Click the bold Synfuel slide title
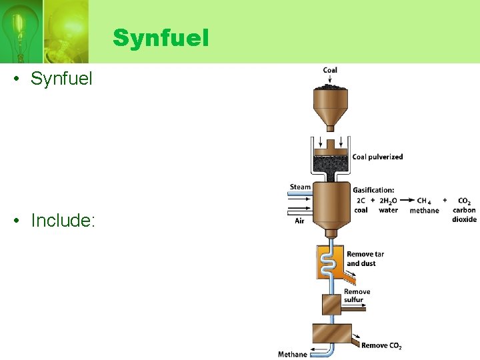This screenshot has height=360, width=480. point(161,38)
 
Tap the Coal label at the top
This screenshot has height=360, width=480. point(330,70)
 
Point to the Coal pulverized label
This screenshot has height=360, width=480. point(377,157)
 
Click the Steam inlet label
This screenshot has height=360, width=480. point(300,187)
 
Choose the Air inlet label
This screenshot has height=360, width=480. point(300,221)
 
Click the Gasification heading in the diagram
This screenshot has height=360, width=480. point(373,190)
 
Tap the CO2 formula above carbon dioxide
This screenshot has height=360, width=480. point(464,200)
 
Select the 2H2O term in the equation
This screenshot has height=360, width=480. point(389,200)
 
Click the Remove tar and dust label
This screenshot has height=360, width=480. point(365,259)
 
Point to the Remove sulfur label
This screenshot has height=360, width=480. point(357,296)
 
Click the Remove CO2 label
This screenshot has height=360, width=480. point(381,345)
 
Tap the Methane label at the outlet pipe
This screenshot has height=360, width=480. point(293,354)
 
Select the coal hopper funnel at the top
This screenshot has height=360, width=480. point(330,107)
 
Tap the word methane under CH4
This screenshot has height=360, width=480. point(424,211)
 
